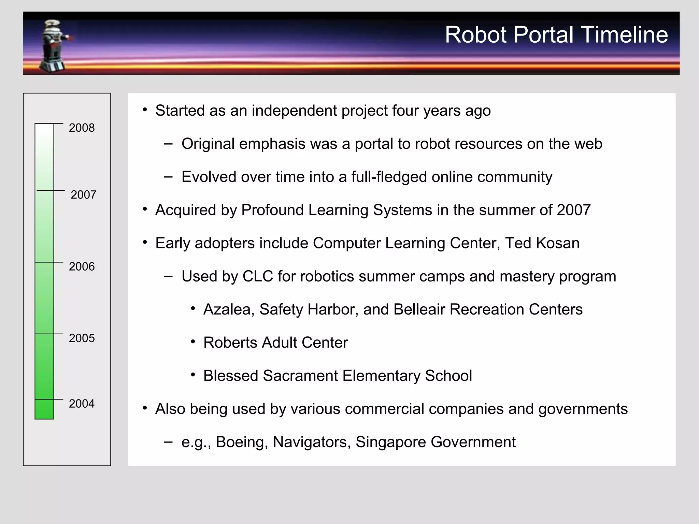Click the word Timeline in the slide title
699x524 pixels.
tap(624, 35)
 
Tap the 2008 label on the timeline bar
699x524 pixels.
tap(82, 128)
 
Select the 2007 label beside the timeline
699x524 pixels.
tap(83, 195)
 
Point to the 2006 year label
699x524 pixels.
tap(82, 266)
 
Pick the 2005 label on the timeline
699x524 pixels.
tap(82, 338)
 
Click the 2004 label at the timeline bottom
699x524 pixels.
tap(82, 404)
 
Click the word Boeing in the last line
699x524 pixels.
tap(242, 442)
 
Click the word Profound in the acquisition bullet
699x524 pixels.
tap(272, 210)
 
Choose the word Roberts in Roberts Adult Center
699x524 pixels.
tap(230, 343)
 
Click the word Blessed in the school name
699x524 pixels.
tap(230, 376)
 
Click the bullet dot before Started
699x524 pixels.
tap(145, 110)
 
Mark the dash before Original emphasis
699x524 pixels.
tap(168, 144)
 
